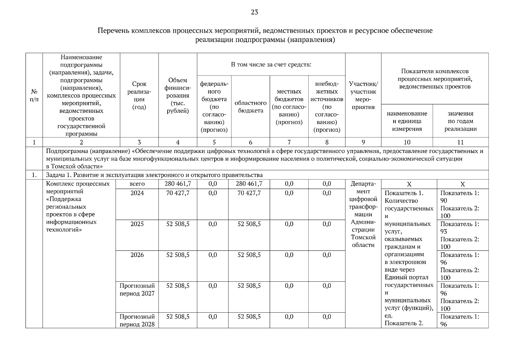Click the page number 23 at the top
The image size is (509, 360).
(x=254, y=12)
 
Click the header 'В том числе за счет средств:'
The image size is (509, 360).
(x=271, y=64)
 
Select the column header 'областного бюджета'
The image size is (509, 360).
(x=250, y=107)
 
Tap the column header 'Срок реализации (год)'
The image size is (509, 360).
(x=139, y=95)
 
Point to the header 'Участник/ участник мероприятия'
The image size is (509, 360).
(x=363, y=95)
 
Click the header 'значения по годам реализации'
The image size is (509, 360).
(x=460, y=121)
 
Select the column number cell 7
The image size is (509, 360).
(x=289, y=142)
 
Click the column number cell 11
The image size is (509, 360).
(x=460, y=142)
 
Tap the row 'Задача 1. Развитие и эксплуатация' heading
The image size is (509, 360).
(x=154, y=175)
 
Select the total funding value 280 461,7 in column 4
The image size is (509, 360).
(x=178, y=184)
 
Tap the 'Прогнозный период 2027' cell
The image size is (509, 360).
(x=137, y=289)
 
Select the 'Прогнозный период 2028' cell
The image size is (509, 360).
(x=137, y=320)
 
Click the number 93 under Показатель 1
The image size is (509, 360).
(x=444, y=232)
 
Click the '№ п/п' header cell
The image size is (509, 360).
(x=34, y=95)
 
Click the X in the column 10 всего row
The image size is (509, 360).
(x=409, y=184)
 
